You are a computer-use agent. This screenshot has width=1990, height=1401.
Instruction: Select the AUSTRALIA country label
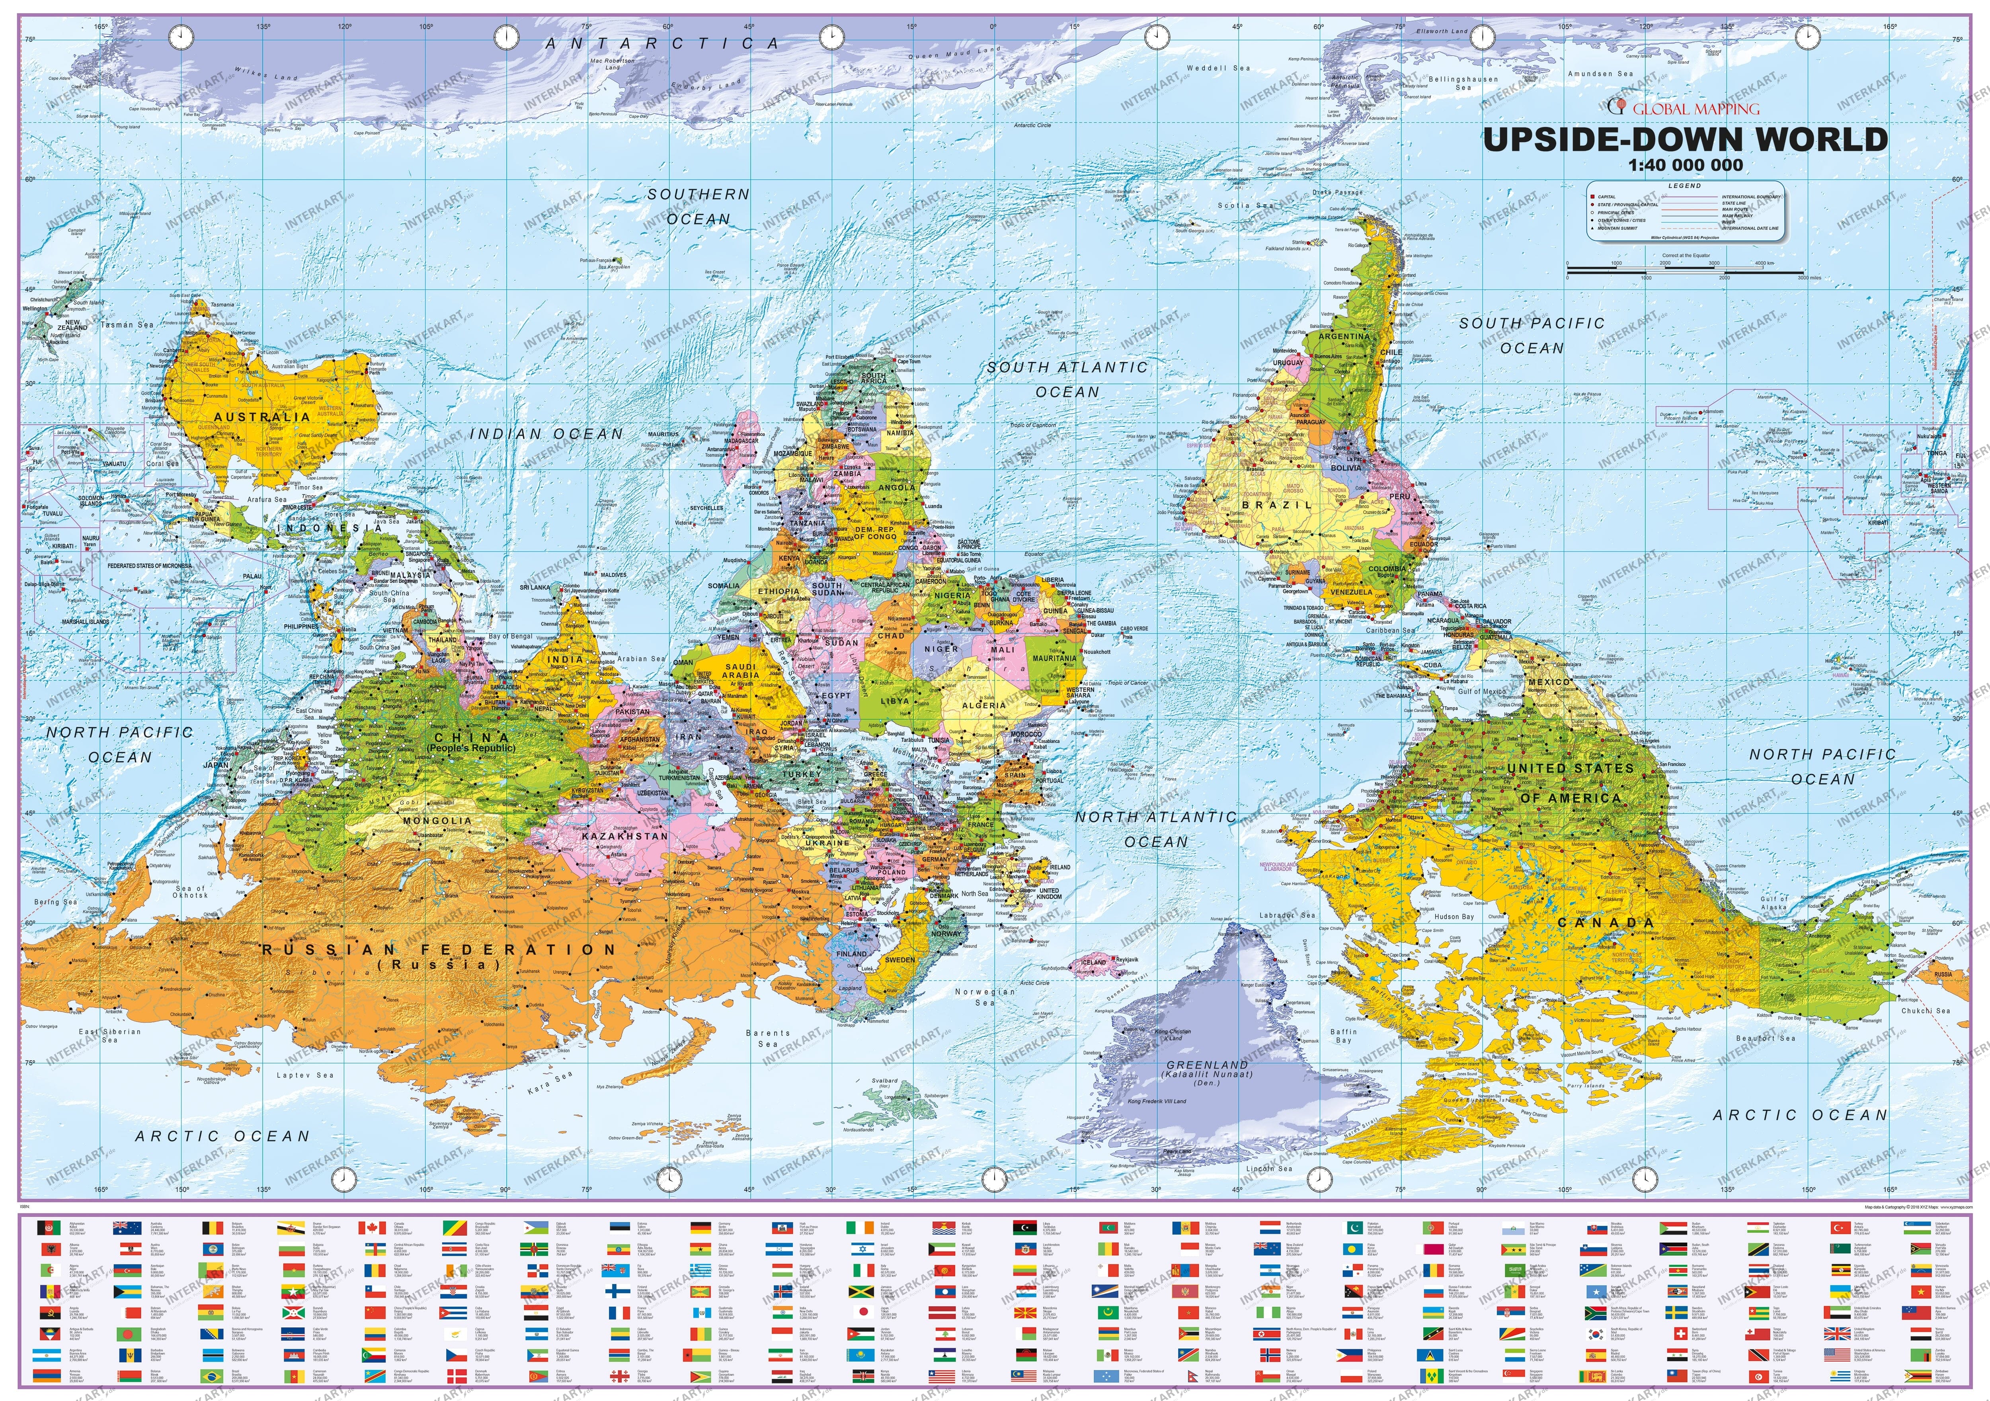262,417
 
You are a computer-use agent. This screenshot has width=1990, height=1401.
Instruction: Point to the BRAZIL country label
1277,504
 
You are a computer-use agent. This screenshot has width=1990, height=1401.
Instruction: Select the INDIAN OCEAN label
546,434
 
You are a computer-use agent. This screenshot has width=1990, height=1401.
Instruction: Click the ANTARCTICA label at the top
661,43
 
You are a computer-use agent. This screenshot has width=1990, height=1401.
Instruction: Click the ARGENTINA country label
1343,336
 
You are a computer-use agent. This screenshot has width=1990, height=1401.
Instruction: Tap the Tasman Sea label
128,325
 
